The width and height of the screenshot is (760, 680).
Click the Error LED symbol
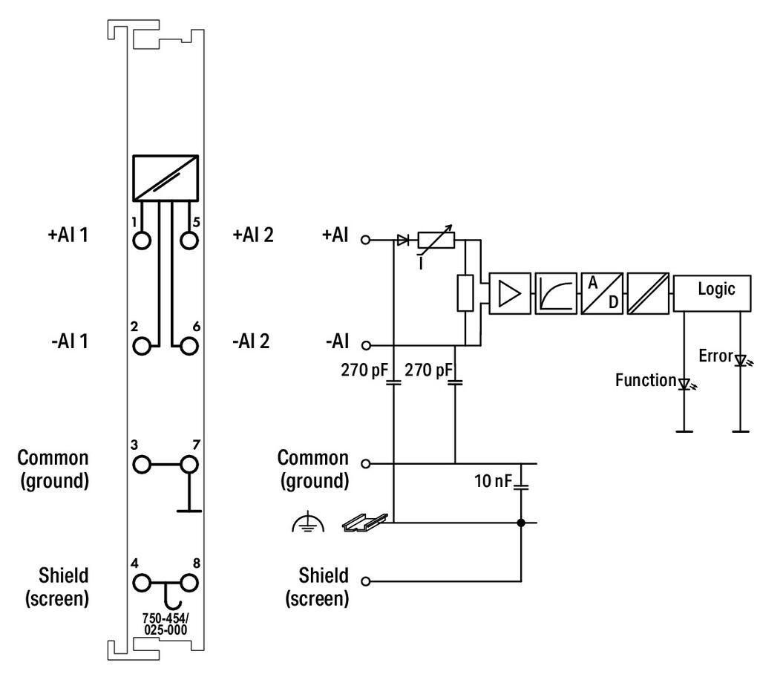(743, 361)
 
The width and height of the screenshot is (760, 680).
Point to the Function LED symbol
(687, 385)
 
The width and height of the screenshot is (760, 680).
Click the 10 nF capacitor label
(493, 481)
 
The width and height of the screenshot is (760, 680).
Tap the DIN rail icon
(365, 523)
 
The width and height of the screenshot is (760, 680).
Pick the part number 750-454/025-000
(166, 624)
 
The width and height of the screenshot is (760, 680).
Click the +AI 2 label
(253, 235)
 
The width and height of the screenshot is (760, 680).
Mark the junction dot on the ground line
(521, 523)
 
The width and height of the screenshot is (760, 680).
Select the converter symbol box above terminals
(166, 178)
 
